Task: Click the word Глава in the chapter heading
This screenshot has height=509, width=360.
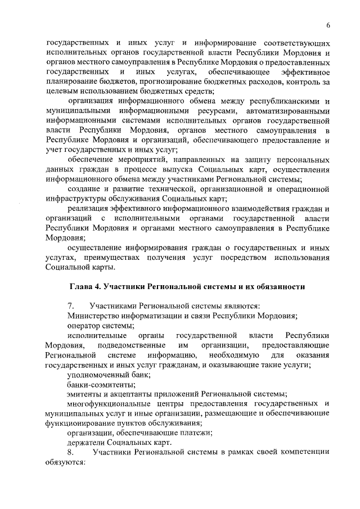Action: [x=82, y=287]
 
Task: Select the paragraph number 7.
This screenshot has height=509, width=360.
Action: [x=70, y=305]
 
